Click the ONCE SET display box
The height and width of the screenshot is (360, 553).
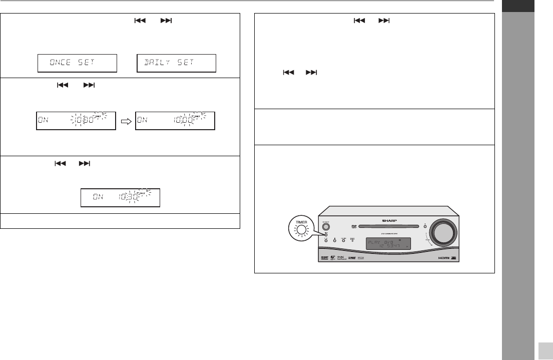[x=77, y=64]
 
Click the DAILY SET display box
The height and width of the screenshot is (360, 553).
[x=176, y=64]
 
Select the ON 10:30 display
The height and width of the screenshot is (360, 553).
[x=120, y=198]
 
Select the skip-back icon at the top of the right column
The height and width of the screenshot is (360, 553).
[x=359, y=21]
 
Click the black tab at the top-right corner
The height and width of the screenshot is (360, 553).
[x=517, y=5]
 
